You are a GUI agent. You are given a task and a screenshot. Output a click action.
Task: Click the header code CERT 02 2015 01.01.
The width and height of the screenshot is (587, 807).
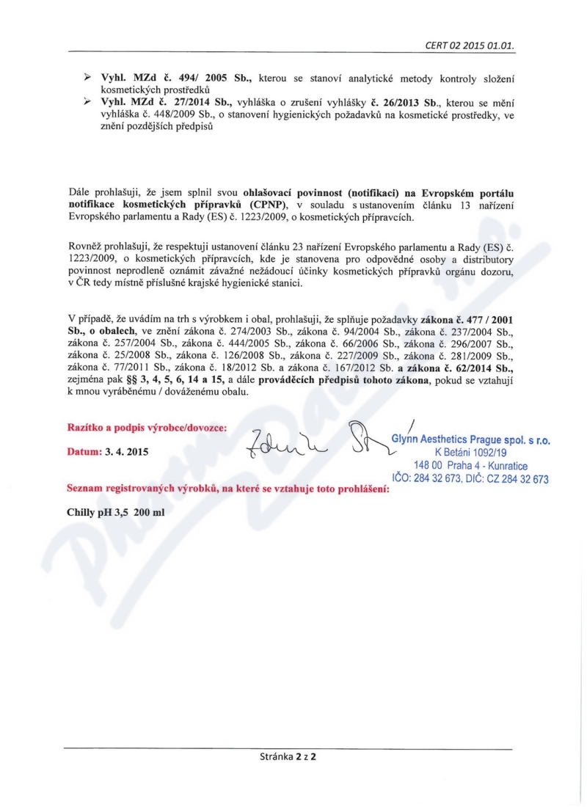tap(469, 45)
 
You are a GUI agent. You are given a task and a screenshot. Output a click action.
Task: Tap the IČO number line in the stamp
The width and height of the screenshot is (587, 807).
tap(475, 479)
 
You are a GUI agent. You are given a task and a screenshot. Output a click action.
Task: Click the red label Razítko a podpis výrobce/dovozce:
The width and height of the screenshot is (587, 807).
tap(147, 427)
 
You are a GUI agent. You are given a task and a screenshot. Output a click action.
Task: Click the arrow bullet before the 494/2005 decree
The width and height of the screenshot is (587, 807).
tap(86, 77)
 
